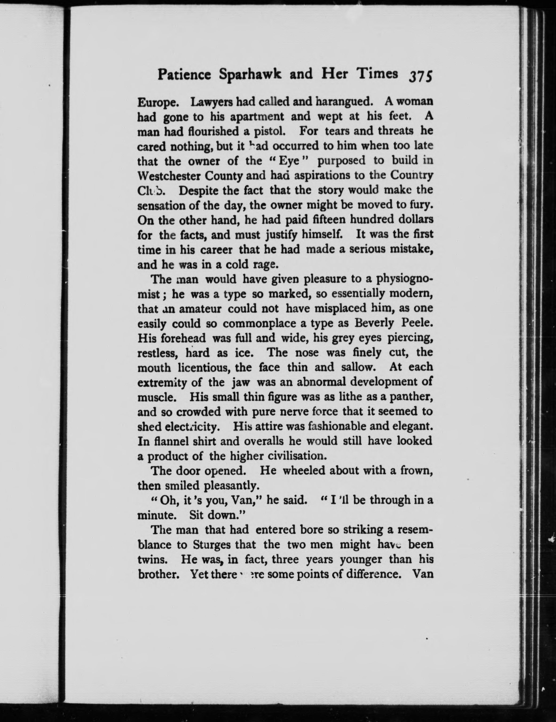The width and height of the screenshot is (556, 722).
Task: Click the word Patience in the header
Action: pyautogui.click(x=184, y=75)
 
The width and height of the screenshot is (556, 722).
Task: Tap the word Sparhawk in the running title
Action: pyautogui.click(x=250, y=75)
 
